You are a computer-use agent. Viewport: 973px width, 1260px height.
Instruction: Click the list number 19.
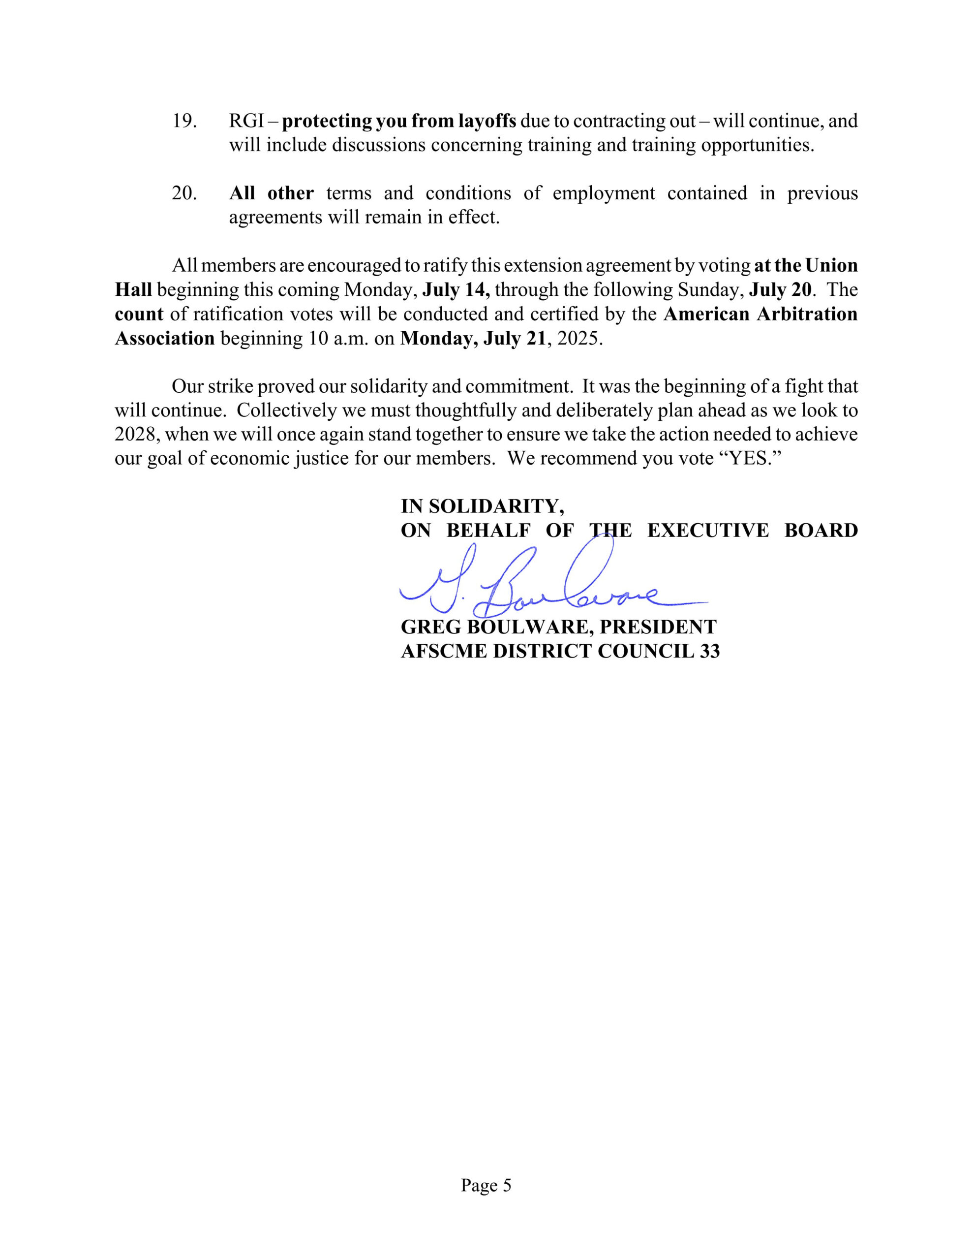point(184,121)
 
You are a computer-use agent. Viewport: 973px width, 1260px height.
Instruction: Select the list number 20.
point(184,193)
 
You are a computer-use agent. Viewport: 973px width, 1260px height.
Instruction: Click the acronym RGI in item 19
point(246,121)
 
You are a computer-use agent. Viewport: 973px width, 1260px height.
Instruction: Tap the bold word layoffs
point(487,121)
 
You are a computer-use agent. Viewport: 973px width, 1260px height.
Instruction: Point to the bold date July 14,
point(456,289)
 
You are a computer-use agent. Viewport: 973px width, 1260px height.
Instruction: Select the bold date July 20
point(780,289)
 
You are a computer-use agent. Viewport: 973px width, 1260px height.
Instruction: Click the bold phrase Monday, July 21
point(472,338)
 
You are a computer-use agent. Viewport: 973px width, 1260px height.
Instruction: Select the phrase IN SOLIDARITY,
point(482,506)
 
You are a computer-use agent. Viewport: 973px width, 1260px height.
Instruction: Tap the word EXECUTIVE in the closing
point(708,531)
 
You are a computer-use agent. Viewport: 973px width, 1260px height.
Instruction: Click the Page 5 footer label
point(486,1186)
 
